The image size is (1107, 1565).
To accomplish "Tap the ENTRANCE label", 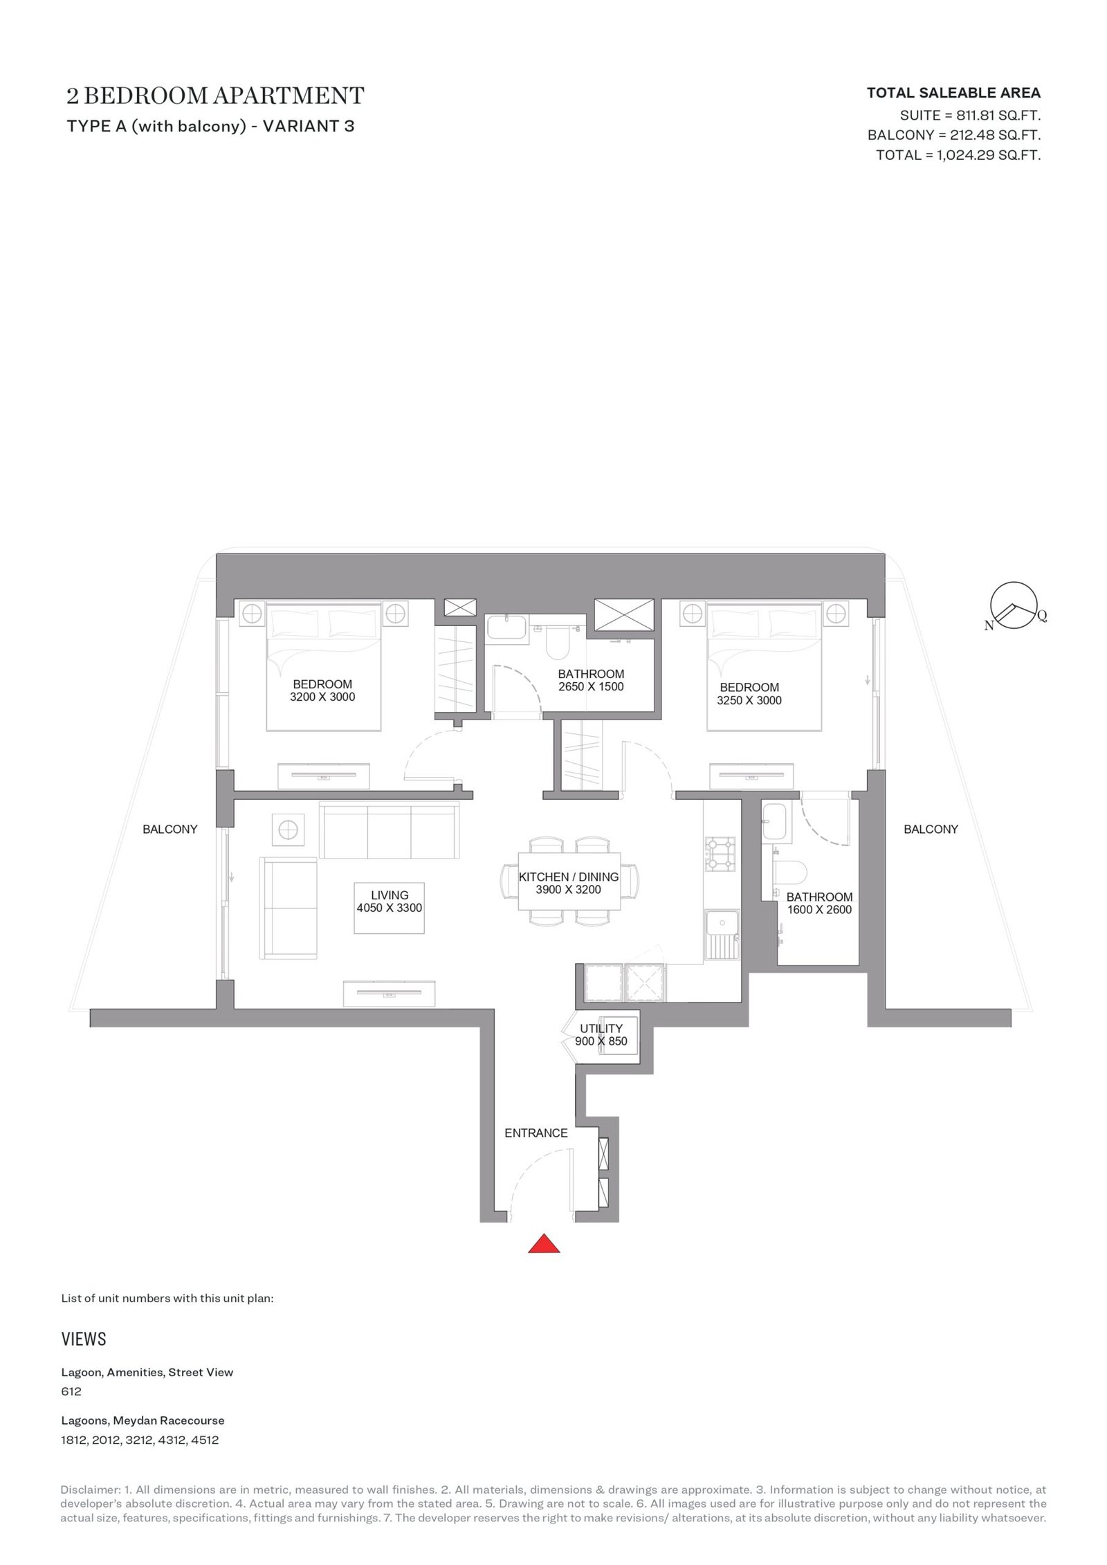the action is [x=536, y=1133].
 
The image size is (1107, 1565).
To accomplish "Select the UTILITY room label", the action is [x=601, y=1028].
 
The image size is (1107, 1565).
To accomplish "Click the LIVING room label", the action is [x=390, y=895].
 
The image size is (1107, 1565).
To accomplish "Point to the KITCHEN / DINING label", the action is [x=569, y=877].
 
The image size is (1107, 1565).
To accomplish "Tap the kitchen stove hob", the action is [x=720, y=854].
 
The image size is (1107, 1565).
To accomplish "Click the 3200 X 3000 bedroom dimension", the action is [x=322, y=697].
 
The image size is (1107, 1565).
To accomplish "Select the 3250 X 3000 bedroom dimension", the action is [x=749, y=700].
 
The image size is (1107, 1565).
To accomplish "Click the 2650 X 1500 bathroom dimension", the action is [x=591, y=686].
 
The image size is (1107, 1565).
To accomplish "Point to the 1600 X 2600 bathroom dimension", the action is [x=819, y=910].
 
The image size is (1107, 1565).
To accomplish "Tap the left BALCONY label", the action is [x=170, y=829].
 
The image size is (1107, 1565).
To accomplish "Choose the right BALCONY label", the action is [x=931, y=829].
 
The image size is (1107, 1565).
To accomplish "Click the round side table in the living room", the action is [x=288, y=828].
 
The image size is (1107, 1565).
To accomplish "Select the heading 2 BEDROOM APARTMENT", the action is [x=215, y=95].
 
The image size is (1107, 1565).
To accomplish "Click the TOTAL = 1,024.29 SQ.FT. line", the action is [x=958, y=155].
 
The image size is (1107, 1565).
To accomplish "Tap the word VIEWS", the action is [x=84, y=1339].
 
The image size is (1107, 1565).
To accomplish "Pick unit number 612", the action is [x=71, y=1391].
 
